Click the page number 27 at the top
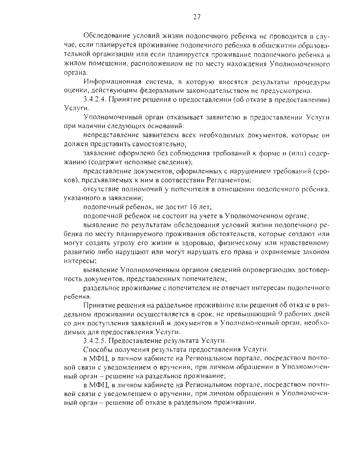pyautogui.click(x=196, y=17)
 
